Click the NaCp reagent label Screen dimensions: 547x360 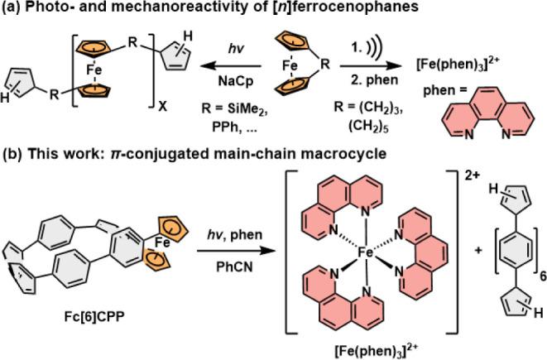pos(236,82)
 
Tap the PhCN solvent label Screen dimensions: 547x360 pos(234,267)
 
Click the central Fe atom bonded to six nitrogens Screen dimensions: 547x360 pos(366,252)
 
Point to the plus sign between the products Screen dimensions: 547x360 pos(478,250)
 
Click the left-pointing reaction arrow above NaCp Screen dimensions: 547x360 pos(230,65)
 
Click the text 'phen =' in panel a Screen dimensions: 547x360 pos(445,90)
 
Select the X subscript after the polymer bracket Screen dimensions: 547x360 pos(162,107)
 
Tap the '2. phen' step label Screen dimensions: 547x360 pos(374,80)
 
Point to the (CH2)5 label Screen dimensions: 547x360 pos(368,126)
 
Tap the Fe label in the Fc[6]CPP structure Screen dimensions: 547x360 pos(162,242)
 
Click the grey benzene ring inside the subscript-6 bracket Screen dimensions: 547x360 pos(516,251)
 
